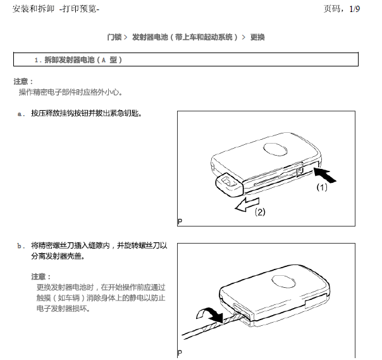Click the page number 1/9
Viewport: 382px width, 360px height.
(354, 9)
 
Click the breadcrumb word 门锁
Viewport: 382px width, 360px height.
(114, 37)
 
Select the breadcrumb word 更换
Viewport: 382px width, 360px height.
(257, 37)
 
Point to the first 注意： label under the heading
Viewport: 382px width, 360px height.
(23, 82)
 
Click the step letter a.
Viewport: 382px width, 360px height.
(21, 114)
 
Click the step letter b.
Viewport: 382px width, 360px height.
(21, 245)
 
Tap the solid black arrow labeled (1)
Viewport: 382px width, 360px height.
(324, 174)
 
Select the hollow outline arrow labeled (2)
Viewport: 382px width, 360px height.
(247, 204)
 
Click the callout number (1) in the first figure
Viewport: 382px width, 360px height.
(322, 187)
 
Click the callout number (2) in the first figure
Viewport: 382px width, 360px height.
(260, 212)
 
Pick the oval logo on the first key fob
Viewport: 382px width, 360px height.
(275, 149)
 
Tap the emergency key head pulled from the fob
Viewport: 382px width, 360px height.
(229, 185)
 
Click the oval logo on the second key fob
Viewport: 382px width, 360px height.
(283, 282)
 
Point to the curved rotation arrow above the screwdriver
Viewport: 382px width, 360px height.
(209, 314)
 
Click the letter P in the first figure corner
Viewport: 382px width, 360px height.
(180, 221)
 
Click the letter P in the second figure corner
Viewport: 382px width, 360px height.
(180, 352)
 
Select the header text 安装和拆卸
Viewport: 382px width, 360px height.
(34, 9)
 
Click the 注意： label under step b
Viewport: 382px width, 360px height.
(41, 277)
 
